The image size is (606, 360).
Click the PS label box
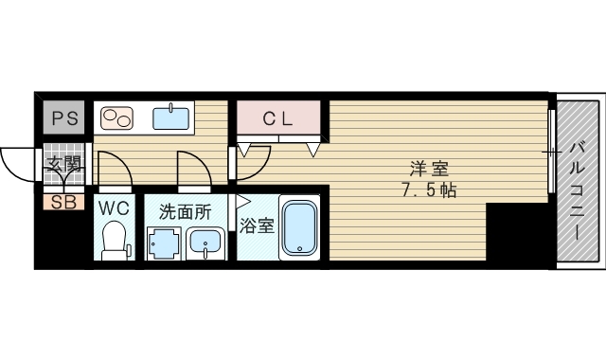64,118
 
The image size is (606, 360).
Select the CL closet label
278,119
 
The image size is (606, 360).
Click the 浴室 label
256,226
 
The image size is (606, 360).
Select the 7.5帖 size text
428,190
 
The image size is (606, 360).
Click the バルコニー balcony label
578,180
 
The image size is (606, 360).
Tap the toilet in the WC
116,238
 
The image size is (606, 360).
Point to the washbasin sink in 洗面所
204,243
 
